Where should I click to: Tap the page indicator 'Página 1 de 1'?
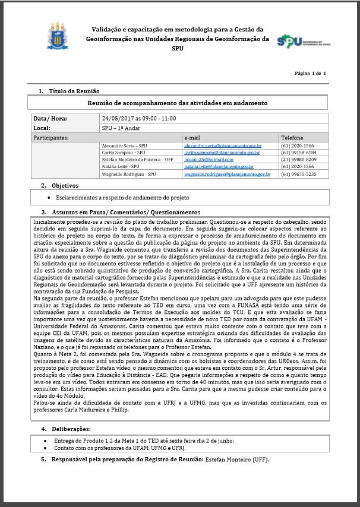[311, 73]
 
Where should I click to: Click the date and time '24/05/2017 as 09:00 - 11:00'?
[139, 118]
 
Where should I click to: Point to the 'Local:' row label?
[42, 128]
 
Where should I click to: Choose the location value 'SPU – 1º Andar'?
[125, 128]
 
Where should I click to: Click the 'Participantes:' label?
[50, 137]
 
